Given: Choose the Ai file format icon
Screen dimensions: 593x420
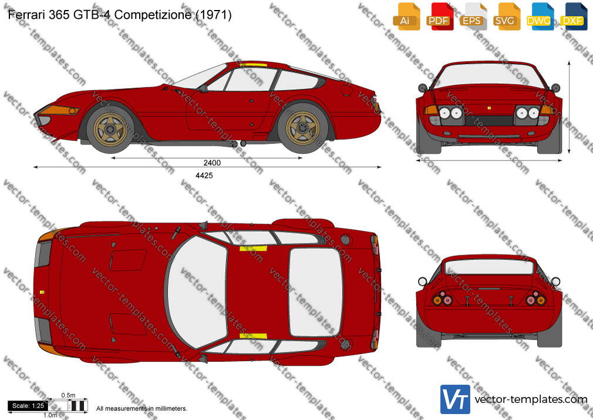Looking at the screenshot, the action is click(406, 16).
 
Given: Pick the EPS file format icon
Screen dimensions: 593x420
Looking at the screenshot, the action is click(473, 16).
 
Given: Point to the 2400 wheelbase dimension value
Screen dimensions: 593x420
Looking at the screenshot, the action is click(212, 163).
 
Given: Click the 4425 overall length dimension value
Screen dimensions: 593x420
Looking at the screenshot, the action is click(204, 175).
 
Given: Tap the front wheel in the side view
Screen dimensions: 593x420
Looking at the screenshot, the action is click(110, 129).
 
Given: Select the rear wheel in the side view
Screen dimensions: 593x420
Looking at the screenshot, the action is click(302, 128).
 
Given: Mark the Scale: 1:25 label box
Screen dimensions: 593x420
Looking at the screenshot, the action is click(28, 406).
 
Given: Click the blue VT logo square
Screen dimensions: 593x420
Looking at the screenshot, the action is click(455, 399).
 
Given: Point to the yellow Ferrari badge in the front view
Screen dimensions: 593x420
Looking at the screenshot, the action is click(490, 108).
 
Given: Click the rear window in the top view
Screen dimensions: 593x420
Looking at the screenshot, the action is click(315, 292).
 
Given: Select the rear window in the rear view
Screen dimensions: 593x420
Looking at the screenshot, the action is click(488, 267).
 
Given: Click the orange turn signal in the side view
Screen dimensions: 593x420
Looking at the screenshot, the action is click(59, 111).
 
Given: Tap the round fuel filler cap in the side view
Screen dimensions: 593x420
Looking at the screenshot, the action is click(346, 90).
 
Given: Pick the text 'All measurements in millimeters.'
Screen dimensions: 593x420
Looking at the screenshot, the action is click(141, 409).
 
